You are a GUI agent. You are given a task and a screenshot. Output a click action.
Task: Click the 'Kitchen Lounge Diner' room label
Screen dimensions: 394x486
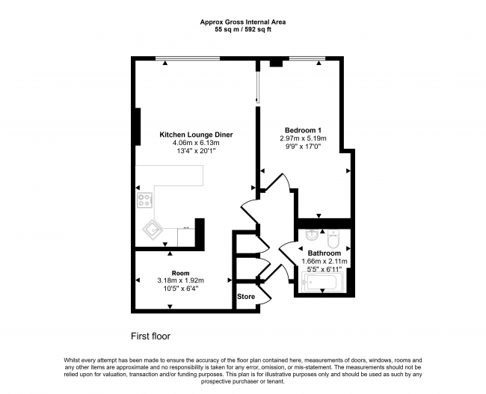196,135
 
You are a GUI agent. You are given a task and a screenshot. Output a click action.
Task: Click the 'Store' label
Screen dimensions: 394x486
246,297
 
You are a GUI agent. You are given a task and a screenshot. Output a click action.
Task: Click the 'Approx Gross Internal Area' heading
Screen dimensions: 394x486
243,22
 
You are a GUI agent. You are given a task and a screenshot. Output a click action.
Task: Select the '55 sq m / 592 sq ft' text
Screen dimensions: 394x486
243,31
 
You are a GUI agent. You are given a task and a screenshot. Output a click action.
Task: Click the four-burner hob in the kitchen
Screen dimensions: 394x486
145,200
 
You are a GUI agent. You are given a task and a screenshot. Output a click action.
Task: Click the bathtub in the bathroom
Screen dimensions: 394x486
321,283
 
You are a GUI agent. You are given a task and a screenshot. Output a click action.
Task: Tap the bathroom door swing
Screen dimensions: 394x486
288,258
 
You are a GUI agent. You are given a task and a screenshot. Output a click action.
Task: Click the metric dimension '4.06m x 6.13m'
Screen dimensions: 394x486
196,143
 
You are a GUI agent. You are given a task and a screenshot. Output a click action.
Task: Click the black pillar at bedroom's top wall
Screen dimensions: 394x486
274,63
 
